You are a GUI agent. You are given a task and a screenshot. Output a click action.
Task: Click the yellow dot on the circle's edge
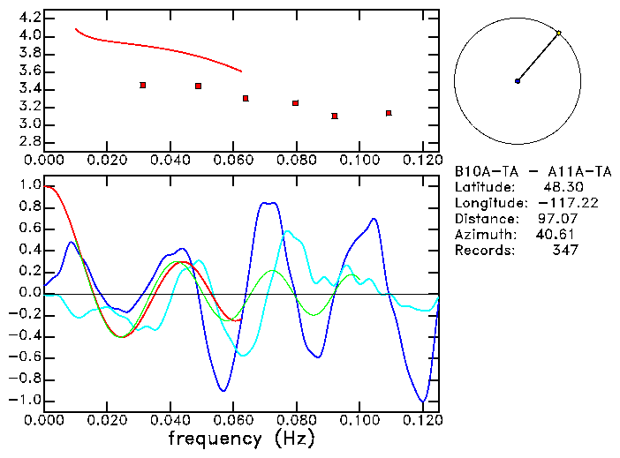pyautogui.click(x=559, y=33)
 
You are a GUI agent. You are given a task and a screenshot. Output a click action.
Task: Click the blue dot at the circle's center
pyautogui.click(x=518, y=81)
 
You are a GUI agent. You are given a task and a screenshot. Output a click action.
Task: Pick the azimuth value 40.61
pyautogui.click(x=554, y=235)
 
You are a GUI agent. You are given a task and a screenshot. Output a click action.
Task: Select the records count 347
pyautogui.click(x=564, y=251)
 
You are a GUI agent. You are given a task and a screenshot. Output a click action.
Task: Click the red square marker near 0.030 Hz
pyautogui.click(x=142, y=85)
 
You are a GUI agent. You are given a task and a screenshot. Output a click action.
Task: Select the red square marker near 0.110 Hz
pyautogui.click(x=389, y=113)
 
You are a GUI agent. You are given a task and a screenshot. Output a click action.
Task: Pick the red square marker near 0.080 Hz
pyautogui.click(x=296, y=103)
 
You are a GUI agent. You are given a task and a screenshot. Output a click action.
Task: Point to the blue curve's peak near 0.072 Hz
pyautogui.click(x=268, y=203)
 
